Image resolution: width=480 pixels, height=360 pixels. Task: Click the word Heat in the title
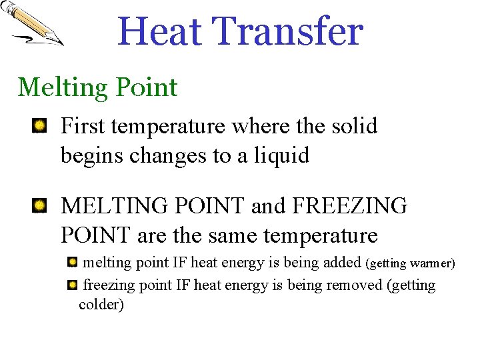tap(160, 32)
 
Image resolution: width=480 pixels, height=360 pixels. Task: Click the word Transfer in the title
tap(288, 32)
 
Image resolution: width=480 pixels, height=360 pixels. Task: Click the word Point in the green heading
tap(146, 87)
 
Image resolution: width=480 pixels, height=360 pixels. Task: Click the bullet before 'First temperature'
tap(40, 125)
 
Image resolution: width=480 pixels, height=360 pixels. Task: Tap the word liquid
tap(282, 156)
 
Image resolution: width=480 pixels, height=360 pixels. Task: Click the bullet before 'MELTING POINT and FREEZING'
tap(40, 205)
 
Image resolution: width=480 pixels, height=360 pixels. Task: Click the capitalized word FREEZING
tap(351, 206)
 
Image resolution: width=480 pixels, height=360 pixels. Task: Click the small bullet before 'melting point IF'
tap(72, 262)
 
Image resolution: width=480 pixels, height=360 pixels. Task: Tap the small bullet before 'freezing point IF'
tap(72, 285)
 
